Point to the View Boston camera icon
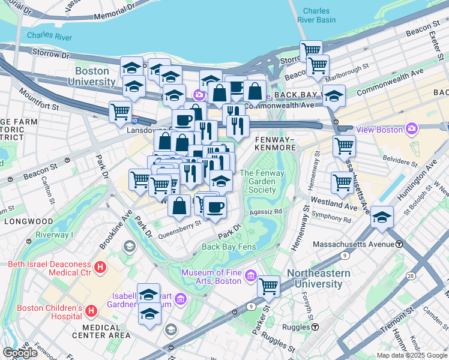(x=411, y=128)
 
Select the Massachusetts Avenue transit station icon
(x=399, y=244)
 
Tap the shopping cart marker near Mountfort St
(x=120, y=111)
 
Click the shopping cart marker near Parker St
(x=268, y=286)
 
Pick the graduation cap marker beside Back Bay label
(x=333, y=95)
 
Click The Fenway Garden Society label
(x=258, y=182)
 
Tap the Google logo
(x=20, y=353)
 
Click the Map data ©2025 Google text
(x=412, y=355)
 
